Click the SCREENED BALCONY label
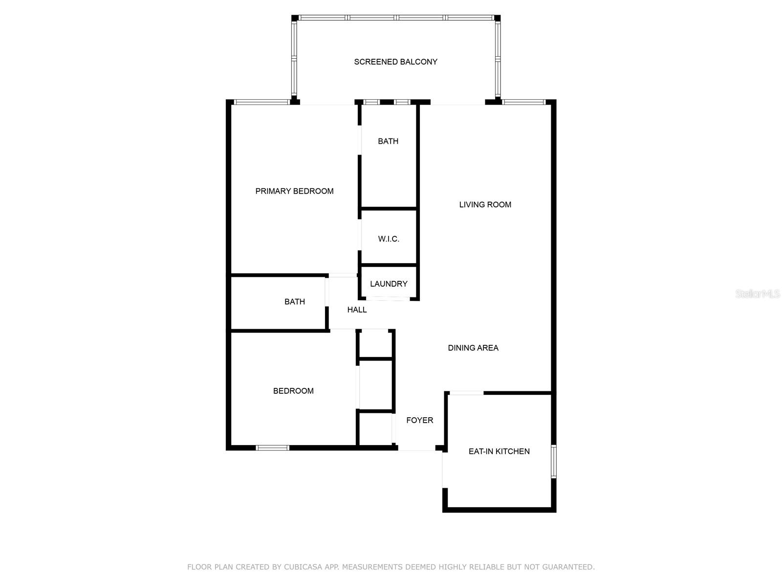(395, 62)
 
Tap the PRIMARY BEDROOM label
(294, 191)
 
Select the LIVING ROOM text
(485, 204)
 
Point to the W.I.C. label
(389, 239)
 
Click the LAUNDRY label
(389, 284)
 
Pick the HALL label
(357, 310)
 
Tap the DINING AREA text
(473, 348)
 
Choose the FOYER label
(420, 420)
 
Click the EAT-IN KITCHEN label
(499, 451)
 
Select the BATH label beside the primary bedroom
(388, 141)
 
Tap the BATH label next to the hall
(295, 301)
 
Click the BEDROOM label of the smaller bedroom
(293, 391)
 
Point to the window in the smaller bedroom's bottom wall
(273, 448)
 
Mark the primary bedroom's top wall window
(262, 102)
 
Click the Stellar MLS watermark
(758, 293)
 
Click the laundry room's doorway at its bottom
(388, 299)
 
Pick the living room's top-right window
(523, 102)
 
